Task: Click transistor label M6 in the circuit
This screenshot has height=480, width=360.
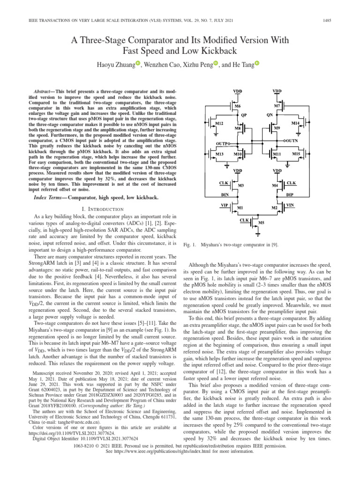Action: coord(238,106)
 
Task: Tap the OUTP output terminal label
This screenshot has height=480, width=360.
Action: coord(223,143)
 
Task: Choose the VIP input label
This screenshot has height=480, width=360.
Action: coord(225,205)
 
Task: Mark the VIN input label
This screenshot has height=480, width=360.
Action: coord(291,205)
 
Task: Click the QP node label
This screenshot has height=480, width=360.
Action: coord(244,114)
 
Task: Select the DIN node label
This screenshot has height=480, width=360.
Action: coord(225,194)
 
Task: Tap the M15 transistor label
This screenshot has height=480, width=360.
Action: coord(296,154)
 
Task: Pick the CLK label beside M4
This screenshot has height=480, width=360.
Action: coord(291,182)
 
